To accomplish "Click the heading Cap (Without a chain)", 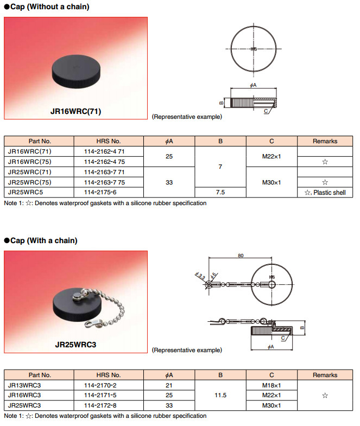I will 46,7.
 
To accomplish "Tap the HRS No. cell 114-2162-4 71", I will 106,151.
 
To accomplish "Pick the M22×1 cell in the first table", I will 271,156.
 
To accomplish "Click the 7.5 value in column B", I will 220,192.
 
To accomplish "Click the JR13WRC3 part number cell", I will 25,385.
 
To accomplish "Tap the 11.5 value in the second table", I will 220,395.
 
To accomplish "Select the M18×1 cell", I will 271,385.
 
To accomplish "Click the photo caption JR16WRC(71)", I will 76,112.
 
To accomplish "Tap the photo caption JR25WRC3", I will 75,344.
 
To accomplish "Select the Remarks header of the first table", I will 325,141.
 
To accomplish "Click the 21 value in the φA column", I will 169,385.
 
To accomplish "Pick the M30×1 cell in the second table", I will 271,405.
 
